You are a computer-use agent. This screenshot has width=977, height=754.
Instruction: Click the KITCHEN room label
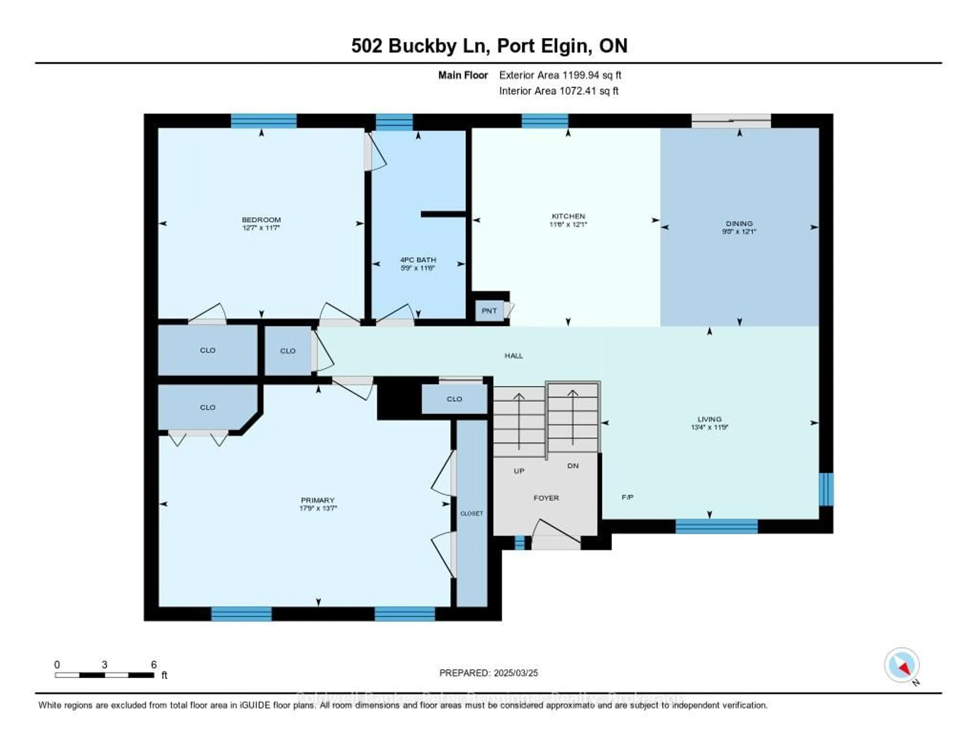pyautogui.click(x=568, y=216)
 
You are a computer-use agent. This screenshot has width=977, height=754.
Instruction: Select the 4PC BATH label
pyautogui.click(x=418, y=260)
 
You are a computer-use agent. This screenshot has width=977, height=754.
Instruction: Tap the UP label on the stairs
pyautogui.click(x=519, y=471)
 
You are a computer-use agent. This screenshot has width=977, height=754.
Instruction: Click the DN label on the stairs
pyautogui.click(x=573, y=466)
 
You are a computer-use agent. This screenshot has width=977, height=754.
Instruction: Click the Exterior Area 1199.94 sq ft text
pyautogui.click(x=560, y=75)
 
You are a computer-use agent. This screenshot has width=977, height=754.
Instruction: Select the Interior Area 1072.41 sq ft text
pyautogui.click(x=559, y=91)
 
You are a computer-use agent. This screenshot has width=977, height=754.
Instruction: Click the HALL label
pyautogui.click(x=513, y=356)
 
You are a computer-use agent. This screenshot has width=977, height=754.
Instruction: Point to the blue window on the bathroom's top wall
pyautogui.click(x=394, y=122)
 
